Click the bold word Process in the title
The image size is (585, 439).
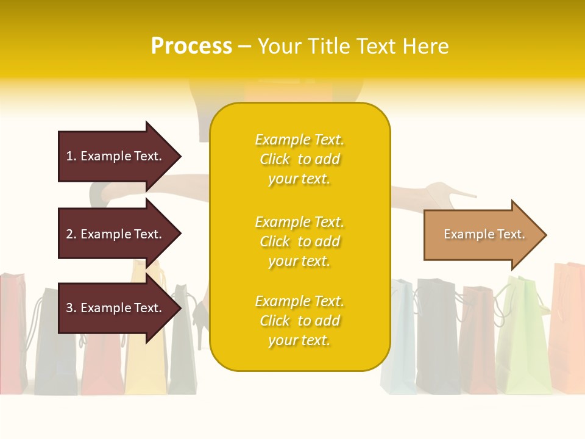(191, 46)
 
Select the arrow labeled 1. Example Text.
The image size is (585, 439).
(116, 157)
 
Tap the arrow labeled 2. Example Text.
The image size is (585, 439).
(116, 234)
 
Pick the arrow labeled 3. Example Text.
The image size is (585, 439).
(116, 308)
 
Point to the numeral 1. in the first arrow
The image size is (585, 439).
(71, 157)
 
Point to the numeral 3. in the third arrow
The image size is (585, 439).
(71, 308)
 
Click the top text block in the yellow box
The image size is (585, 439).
(299, 159)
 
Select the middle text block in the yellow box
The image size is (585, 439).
(299, 241)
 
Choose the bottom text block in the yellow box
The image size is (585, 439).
(299, 321)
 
